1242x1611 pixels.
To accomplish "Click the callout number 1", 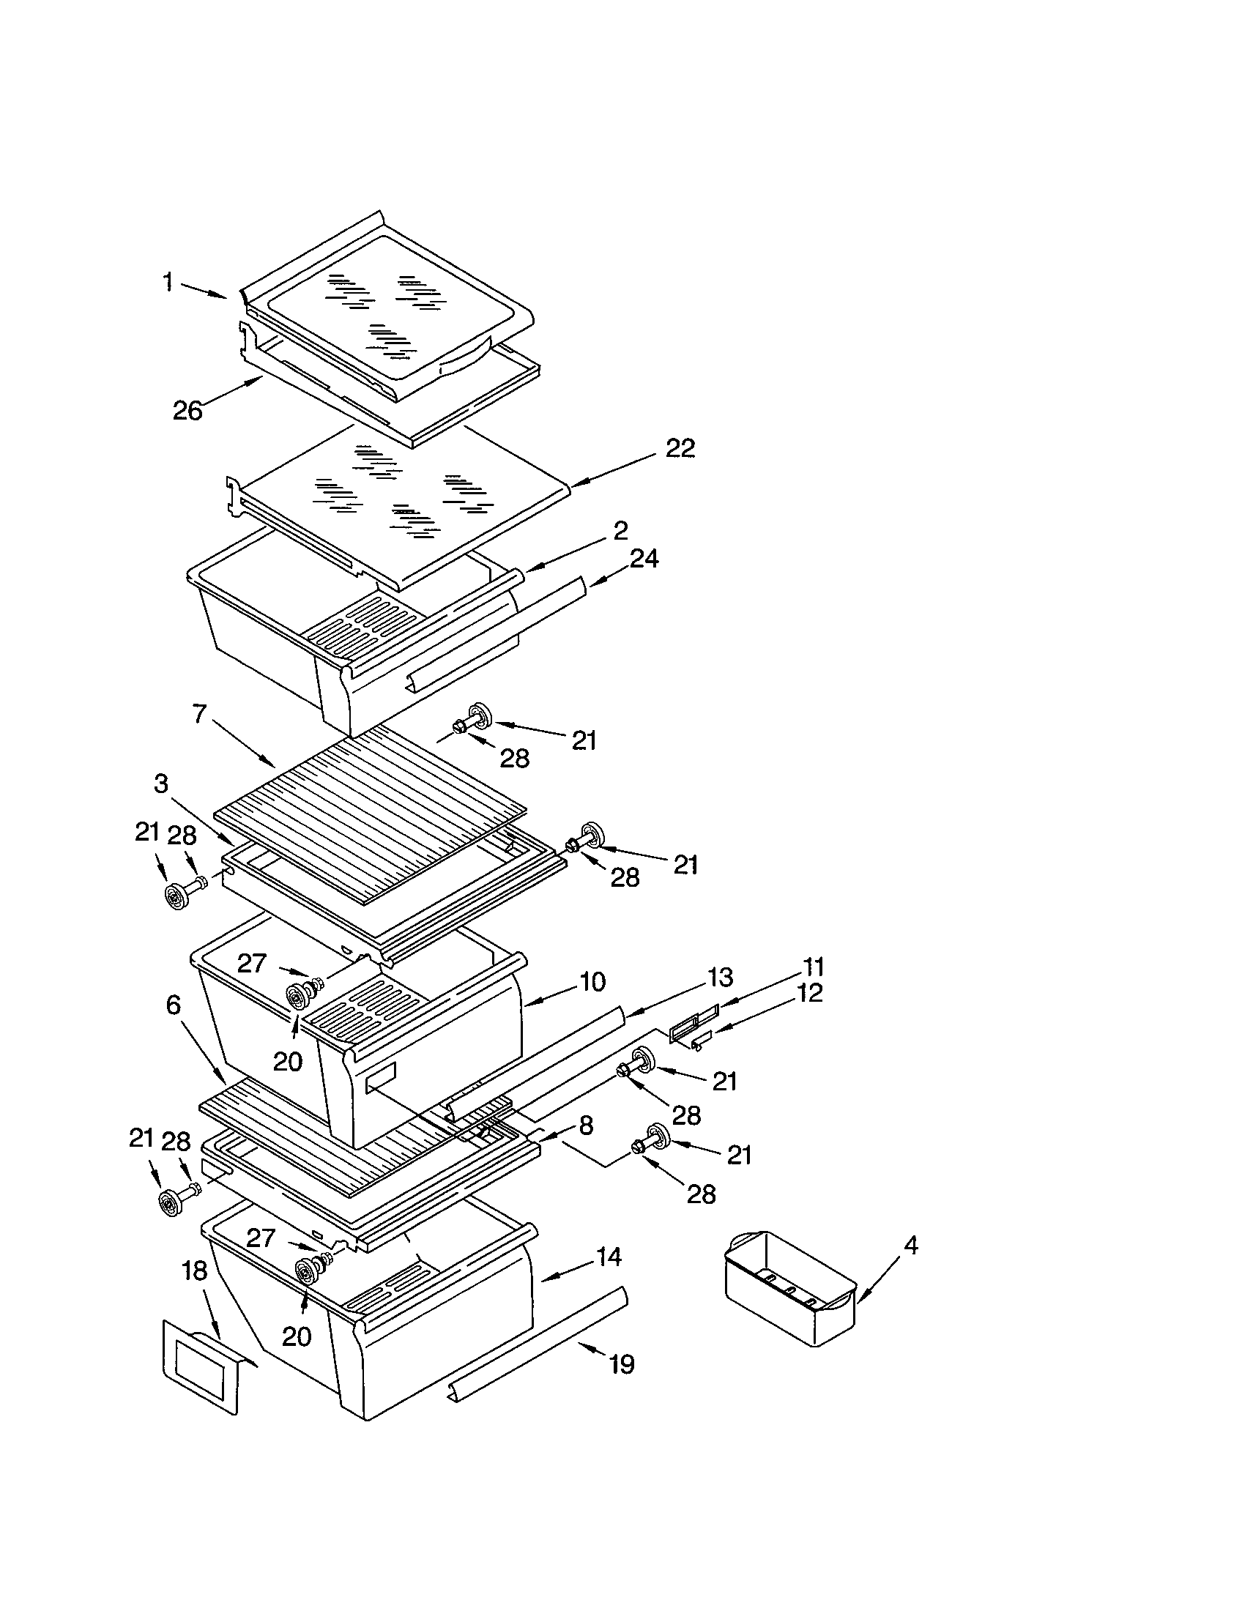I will pos(168,282).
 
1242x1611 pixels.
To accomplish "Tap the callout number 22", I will pos(680,447).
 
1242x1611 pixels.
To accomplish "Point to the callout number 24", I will pos(643,559).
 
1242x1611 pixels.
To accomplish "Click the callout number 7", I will pos(200,713).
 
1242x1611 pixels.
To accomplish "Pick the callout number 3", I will pos(161,784).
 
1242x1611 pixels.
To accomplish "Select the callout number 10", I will pos(592,981).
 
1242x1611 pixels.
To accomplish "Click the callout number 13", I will pos(720,978).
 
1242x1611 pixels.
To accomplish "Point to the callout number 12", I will pos(810,993).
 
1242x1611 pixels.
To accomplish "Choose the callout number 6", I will pos(174,1004).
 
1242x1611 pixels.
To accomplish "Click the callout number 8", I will pos(585,1126).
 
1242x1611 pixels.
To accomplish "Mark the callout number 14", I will pos(609,1256).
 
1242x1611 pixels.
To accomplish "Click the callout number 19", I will pos(622,1364).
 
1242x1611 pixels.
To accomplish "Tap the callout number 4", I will pos(911,1246).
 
